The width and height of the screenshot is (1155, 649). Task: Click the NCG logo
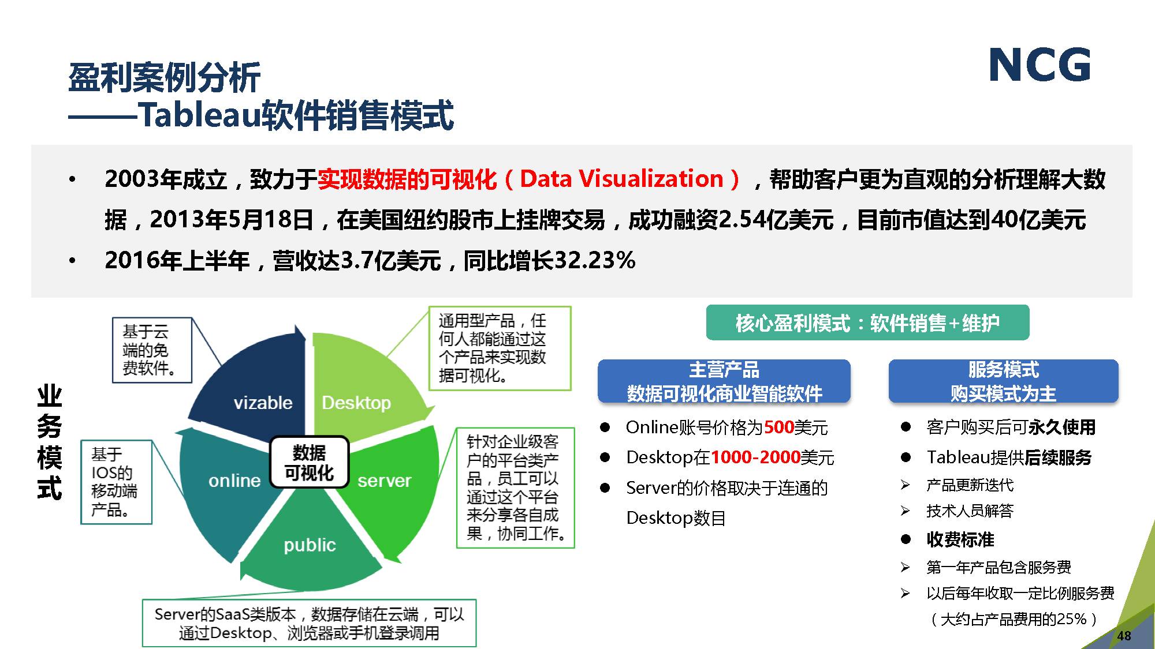1040,64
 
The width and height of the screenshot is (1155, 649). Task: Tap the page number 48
1124,636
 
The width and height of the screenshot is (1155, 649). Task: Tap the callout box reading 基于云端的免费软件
152,350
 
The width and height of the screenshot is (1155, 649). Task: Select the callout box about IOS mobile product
116,482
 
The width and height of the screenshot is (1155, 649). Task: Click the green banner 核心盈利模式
867,323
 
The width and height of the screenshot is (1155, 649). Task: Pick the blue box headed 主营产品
724,381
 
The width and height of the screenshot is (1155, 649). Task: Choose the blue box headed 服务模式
1003,381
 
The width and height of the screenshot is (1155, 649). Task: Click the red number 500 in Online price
779,427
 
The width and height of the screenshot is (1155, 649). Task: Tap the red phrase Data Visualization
621,179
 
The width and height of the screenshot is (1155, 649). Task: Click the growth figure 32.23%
595,261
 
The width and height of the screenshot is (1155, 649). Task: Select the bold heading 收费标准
960,539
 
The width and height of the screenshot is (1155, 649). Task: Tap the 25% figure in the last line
1072,619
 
